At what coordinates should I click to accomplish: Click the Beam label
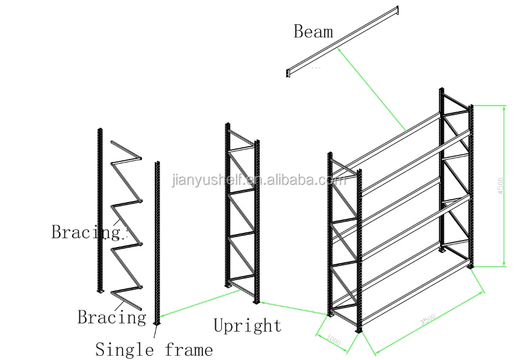[x=313, y=31]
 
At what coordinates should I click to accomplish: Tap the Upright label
[x=247, y=325]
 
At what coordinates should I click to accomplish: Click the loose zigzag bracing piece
[x=126, y=225]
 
